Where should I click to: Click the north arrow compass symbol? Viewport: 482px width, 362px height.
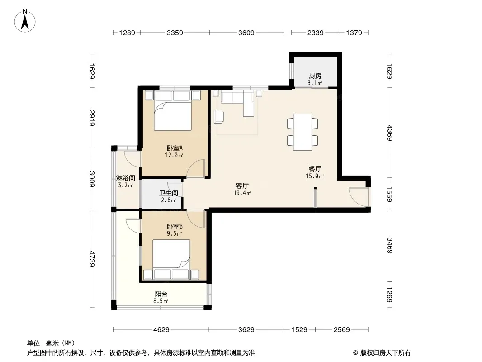click(x=25, y=20)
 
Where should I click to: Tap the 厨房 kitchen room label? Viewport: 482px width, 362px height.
click(x=315, y=76)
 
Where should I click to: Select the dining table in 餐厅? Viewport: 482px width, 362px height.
click(x=302, y=132)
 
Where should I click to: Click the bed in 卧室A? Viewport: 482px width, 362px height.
click(x=172, y=110)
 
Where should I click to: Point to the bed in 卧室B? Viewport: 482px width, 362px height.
click(x=171, y=260)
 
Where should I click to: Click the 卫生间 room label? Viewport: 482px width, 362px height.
click(x=169, y=193)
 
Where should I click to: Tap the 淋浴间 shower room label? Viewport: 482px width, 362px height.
click(x=125, y=178)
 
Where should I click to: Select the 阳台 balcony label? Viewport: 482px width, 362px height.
click(x=161, y=294)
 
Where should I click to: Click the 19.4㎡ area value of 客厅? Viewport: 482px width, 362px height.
click(x=242, y=193)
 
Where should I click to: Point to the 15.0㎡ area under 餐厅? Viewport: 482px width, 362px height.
click(x=315, y=176)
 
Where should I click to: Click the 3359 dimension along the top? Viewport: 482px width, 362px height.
click(x=175, y=33)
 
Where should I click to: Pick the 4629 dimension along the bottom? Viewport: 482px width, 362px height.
click(x=161, y=330)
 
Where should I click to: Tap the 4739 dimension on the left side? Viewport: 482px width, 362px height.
click(x=92, y=259)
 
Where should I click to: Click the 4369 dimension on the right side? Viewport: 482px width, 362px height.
click(x=390, y=133)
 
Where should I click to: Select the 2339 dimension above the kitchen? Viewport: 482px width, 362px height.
click(x=316, y=33)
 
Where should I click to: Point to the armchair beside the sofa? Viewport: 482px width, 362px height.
click(x=219, y=117)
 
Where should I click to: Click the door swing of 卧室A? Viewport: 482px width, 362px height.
click(x=196, y=168)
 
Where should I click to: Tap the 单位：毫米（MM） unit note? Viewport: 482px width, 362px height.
click(x=51, y=343)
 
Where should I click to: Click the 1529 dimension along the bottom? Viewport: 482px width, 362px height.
click(x=299, y=330)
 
